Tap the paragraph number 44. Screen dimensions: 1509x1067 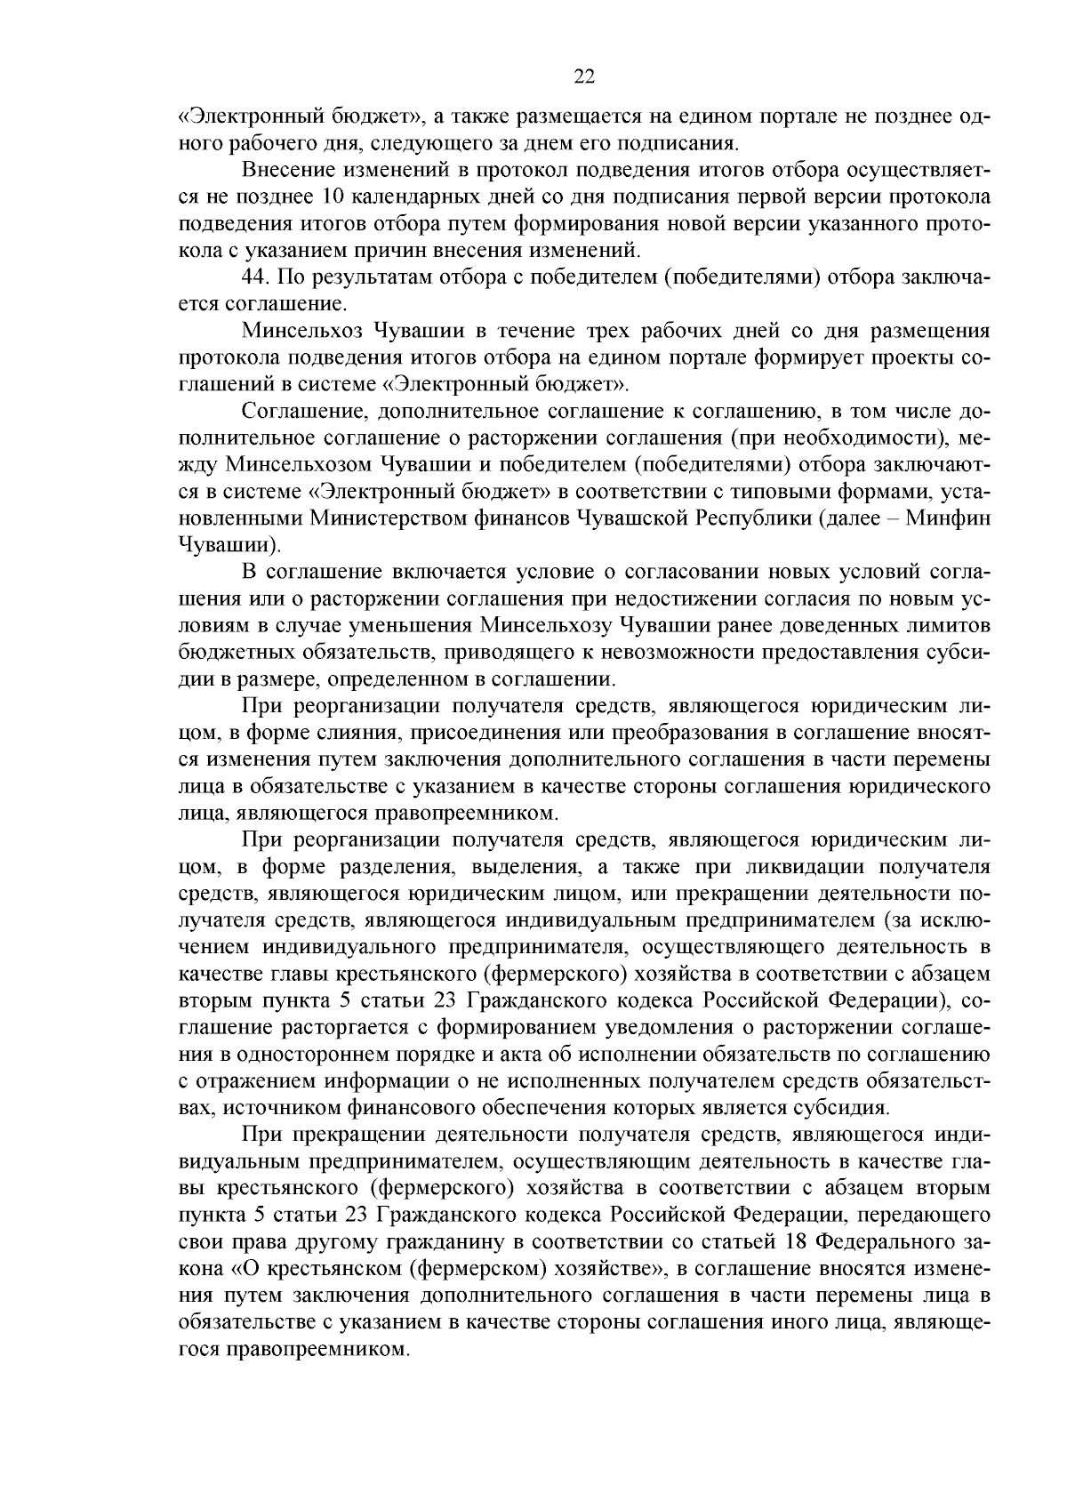tap(256, 277)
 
